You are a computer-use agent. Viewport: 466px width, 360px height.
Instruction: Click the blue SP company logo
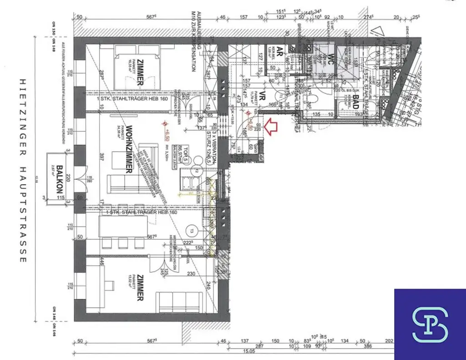[x=430, y=324]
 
